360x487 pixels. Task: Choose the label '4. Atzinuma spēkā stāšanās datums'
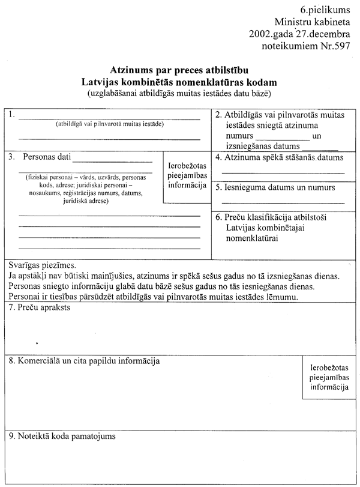tap(280, 158)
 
